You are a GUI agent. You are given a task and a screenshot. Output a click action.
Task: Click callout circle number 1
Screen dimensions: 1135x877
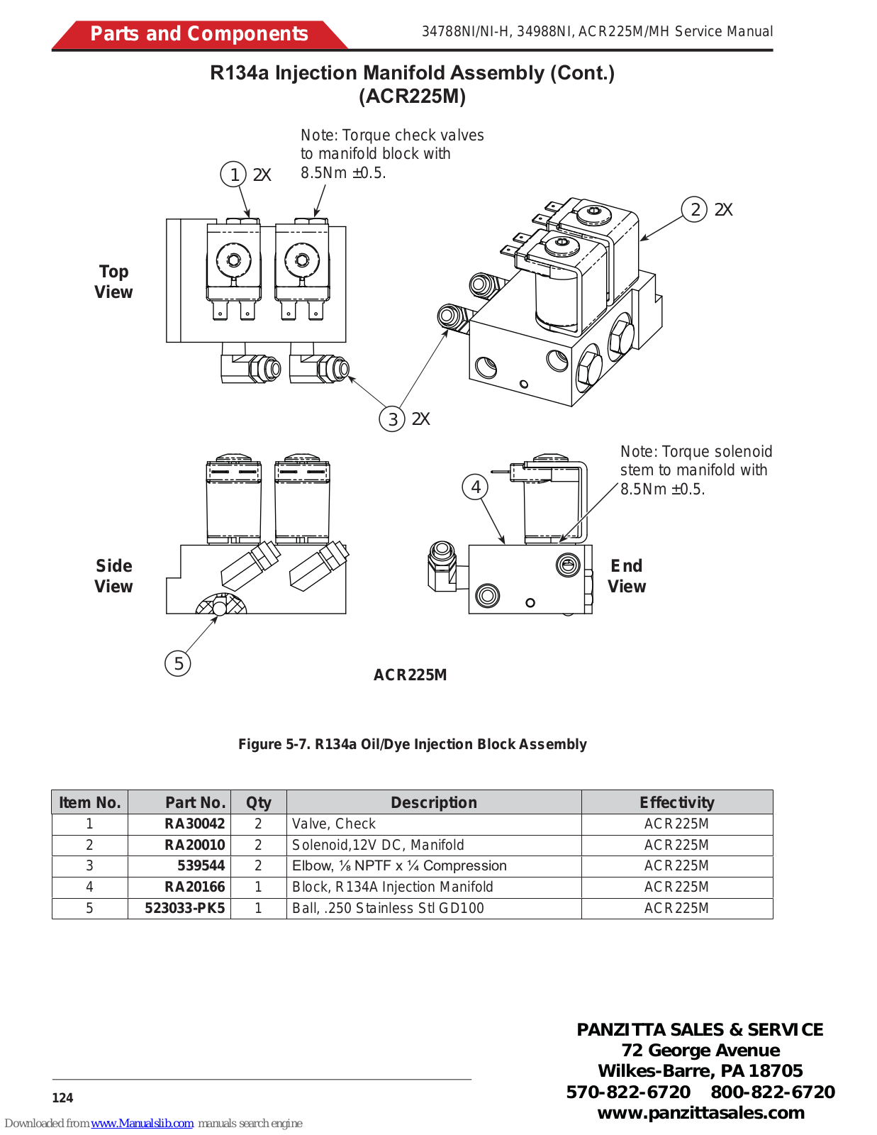coord(233,175)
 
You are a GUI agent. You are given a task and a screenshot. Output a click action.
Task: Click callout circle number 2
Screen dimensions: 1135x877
coord(694,209)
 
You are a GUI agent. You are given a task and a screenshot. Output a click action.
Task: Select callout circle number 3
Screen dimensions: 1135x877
coord(392,419)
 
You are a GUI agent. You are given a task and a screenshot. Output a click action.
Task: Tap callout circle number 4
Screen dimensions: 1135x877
coord(475,487)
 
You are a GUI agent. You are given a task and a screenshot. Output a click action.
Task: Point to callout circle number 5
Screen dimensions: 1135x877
coord(178,664)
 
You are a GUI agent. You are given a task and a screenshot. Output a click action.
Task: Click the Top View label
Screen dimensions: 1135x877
coord(113,282)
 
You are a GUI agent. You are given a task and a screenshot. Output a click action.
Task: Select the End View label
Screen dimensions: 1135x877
coord(627,576)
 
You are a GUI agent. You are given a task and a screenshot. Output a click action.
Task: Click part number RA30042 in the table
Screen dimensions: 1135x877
coord(194,824)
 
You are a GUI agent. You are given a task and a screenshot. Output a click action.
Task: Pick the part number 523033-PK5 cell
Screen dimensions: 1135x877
coord(184,908)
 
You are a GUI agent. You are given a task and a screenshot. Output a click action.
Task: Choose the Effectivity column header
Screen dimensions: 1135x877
coord(676,802)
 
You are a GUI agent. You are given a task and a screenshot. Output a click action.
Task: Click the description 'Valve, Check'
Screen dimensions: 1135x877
coord(334,824)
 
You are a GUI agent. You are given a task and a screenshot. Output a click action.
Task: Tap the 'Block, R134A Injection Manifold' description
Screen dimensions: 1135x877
coord(392,887)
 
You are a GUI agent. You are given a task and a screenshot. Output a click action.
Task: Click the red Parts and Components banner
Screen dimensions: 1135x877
coord(199,34)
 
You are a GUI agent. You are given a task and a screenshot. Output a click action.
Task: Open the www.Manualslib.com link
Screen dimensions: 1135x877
coord(142,1123)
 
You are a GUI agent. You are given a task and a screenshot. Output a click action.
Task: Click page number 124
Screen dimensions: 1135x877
coord(62,1098)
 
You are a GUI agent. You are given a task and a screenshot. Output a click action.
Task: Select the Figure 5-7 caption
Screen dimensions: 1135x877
coord(412,744)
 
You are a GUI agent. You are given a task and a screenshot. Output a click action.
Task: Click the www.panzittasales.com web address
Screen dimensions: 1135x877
coord(700,1112)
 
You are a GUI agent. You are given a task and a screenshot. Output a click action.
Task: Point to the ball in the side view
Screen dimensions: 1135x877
coord(220,608)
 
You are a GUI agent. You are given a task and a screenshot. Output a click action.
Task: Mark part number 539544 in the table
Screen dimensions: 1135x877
coord(201,865)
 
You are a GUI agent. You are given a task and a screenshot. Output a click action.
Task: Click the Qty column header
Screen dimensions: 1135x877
coord(258,802)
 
